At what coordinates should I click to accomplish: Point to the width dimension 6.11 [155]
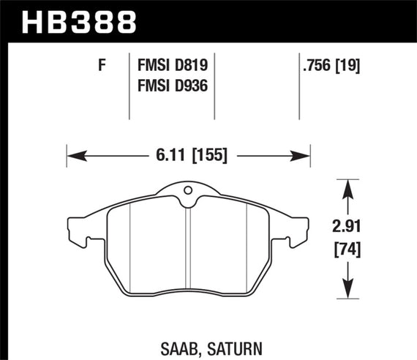pos(189,155)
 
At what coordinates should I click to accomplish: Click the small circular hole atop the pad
pos(189,192)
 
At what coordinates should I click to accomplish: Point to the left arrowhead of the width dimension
pos(72,155)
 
